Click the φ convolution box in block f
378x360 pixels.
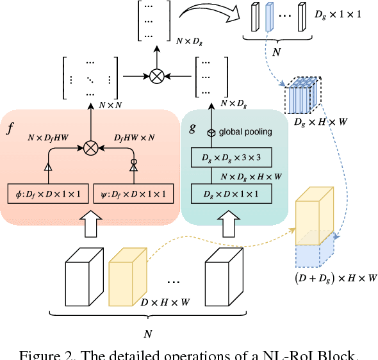tap(47, 193)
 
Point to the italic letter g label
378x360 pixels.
tap(192, 127)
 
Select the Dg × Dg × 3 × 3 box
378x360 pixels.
tap(231, 157)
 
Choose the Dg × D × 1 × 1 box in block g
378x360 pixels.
tap(231, 192)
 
